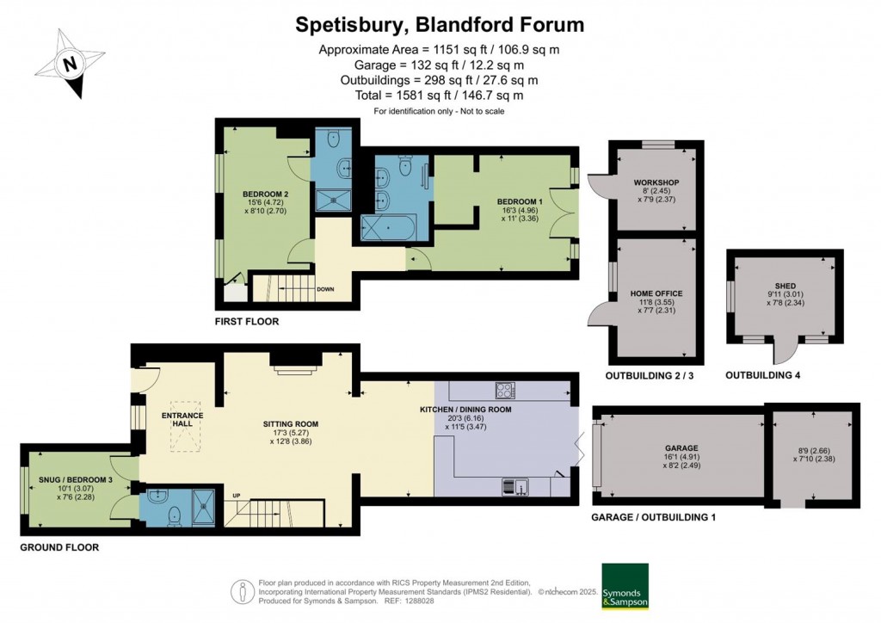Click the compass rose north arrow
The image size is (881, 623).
[x=72, y=63]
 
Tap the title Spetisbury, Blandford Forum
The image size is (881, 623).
[x=440, y=24]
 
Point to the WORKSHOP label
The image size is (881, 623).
[x=656, y=183]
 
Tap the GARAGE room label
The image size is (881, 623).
[x=681, y=447]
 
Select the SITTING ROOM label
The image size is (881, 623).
[x=291, y=424]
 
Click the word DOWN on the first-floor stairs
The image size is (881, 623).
[x=326, y=289]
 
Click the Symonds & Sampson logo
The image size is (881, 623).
[x=624, y=586]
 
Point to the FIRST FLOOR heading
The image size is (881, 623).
[x=247, y=321]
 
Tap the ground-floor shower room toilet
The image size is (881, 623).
[x=175, y=515]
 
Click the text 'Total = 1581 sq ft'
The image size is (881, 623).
[x=439, y=96]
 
